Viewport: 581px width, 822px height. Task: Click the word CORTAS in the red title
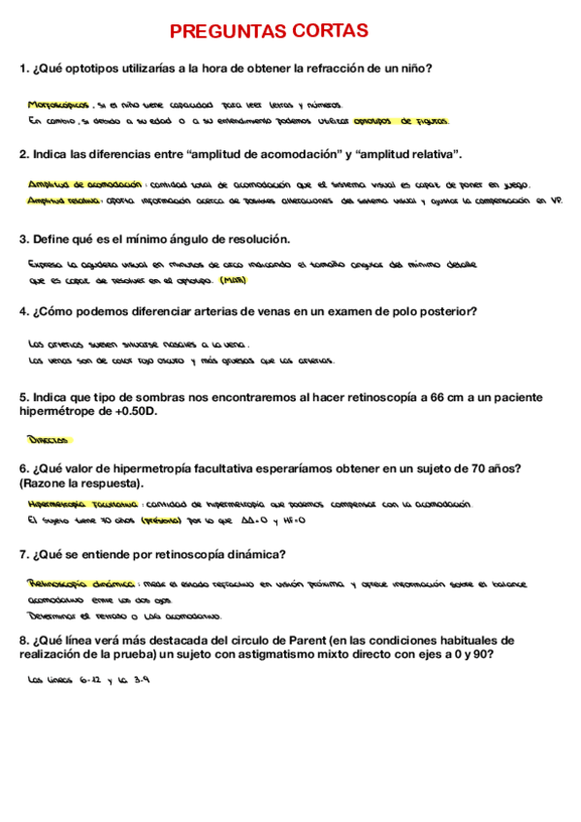[325, 32]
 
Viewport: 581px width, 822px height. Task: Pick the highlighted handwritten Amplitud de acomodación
[85, 184]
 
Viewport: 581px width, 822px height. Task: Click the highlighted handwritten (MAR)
[233, 281]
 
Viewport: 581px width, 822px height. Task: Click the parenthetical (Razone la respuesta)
[80, 483]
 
